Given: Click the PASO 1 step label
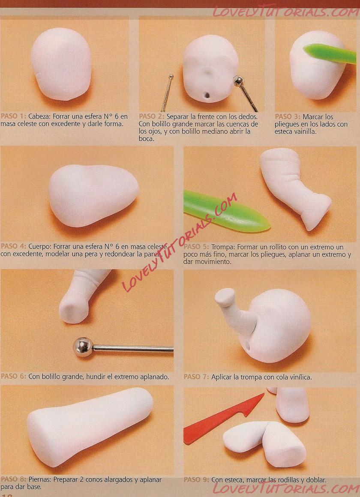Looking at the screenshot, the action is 13,117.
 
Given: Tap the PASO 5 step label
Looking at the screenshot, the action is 196,247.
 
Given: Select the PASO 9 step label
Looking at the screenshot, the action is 196,480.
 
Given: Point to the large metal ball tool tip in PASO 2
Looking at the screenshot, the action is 238,81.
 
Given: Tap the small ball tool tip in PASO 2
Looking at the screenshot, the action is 171,76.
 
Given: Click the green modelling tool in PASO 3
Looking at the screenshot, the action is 330,53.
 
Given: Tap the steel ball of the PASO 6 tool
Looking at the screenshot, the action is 83,347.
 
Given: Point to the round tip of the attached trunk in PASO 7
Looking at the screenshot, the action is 225,297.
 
